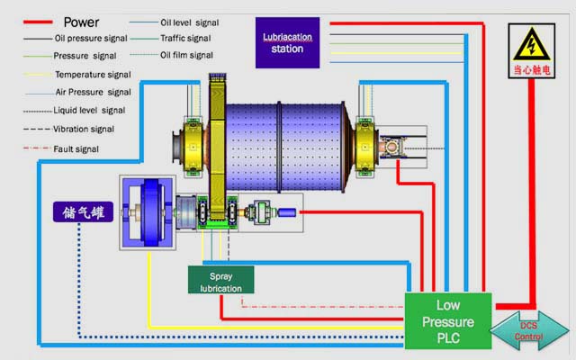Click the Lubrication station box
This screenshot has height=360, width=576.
(286, 43)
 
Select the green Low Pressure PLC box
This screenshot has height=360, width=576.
(447, 320)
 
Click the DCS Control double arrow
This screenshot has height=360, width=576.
(529, 329)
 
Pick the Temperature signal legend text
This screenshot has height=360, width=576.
(93, 75)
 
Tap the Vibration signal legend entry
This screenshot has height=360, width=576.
(91, 130)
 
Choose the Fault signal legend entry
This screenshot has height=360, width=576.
(77, 148)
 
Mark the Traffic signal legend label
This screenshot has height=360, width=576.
(185, 39)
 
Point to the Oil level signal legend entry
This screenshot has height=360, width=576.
(190, 22)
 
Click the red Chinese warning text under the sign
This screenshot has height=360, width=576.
(529, 68)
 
